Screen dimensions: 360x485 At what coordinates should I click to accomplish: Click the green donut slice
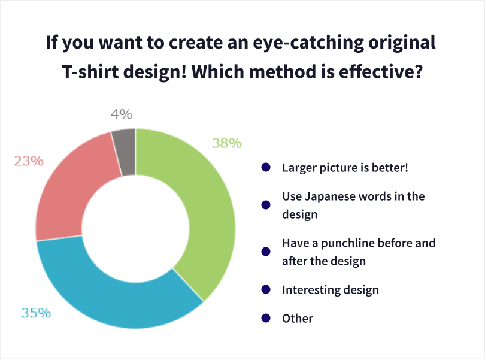tap(204, 204)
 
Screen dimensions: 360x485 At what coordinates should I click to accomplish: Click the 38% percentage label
tap(227, 143)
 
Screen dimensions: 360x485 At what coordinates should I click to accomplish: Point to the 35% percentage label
tap(36, 313)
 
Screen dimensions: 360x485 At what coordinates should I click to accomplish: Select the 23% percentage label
tap(29, 161)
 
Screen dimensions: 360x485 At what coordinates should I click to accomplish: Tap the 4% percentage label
tap(122, 114)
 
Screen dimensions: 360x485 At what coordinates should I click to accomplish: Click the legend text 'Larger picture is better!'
tap(345, 167)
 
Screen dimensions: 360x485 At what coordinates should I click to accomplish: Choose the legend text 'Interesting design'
tap(331, 290)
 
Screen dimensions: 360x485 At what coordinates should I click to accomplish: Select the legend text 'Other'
tap(298, 318)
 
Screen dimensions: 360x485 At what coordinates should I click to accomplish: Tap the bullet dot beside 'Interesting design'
tap(266, 289)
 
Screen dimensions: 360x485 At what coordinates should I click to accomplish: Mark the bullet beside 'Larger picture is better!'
tap(266, 167)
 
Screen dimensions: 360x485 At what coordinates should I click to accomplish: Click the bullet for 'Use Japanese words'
tap(266, 205)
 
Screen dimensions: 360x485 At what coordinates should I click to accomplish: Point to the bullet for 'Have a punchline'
tap(266, 252)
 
